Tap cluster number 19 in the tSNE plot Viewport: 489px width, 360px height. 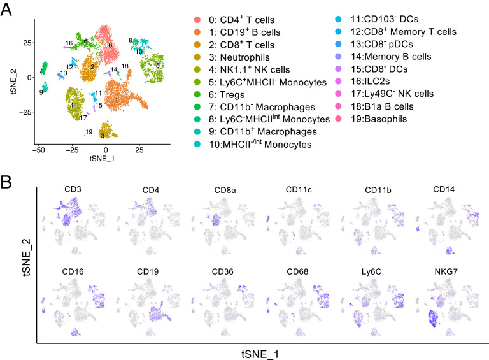click(89, 132)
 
